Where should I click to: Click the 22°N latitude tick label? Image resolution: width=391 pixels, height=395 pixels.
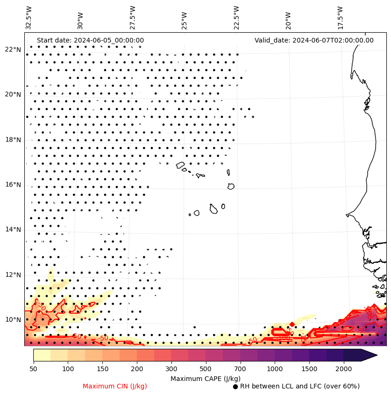(x=13, y=50)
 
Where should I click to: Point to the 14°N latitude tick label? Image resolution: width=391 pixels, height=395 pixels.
(x=13, y=230)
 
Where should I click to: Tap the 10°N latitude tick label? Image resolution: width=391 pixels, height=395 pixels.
(x=13, y=320)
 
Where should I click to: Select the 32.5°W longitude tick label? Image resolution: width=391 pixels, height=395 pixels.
(x=29, y=18)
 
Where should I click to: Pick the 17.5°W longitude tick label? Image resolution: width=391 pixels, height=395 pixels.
(x=340, y=18)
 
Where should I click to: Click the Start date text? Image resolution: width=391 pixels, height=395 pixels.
(x=90, y=40)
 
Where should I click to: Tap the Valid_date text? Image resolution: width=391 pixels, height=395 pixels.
(x=314, y=40)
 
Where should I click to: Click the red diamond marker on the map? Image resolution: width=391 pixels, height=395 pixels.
(x=292, y=324)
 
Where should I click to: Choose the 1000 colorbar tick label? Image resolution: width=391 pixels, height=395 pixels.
(x=275, y=369)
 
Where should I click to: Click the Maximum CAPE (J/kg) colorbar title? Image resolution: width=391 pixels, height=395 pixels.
(x=206, y=378)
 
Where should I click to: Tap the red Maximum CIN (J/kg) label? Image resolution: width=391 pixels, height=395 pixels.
(x=115, y=386)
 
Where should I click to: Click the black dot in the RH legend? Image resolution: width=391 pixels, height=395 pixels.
(x=235, y=387)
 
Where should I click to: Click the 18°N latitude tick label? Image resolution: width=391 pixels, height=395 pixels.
(x=13, y=140)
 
